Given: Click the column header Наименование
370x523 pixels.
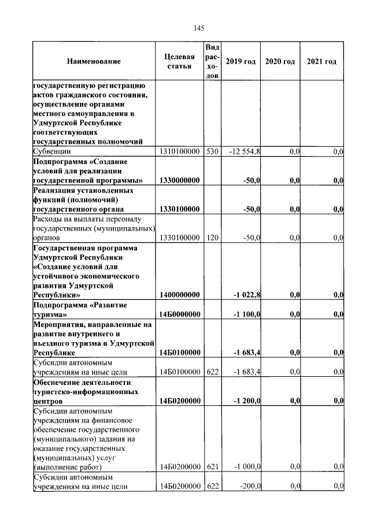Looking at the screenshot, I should click(94, 61).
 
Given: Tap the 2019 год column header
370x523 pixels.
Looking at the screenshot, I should click(240, 61).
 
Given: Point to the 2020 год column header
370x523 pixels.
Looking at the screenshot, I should click(280, 61).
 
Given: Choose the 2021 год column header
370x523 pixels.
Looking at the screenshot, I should click(321, 61).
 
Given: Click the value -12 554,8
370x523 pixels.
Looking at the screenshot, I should click(245, 151).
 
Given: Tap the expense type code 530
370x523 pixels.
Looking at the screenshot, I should click(212, 151).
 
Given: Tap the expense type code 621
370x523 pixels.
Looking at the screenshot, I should click(212, 467).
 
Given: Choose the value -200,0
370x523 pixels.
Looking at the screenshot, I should click(250, 487).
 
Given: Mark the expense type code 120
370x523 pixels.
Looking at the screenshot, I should click(212, 238).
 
